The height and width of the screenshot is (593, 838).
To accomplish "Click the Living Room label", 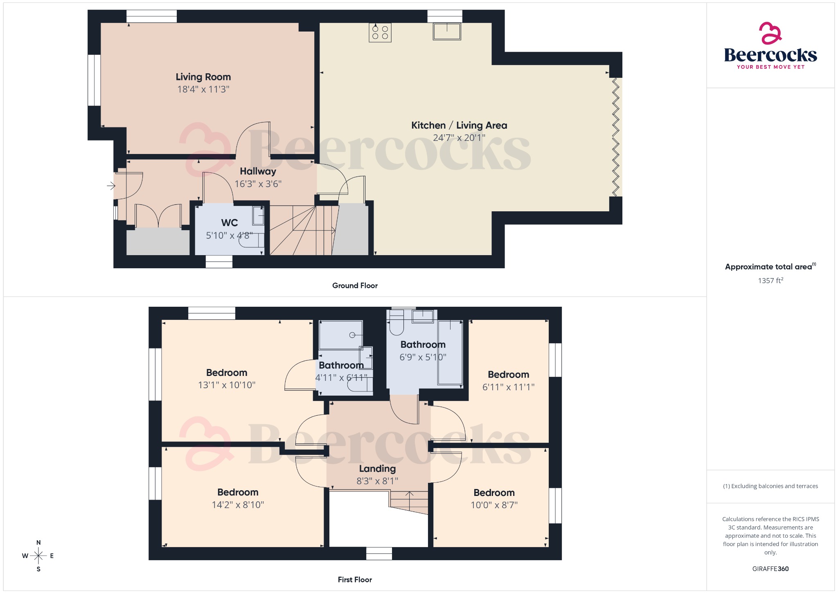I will click(203, 77).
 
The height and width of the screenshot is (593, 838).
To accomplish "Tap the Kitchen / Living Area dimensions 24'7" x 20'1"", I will click(459, 138).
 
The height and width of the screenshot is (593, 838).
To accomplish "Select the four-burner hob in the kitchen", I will click(380, 32).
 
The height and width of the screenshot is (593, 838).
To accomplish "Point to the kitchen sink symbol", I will click(447, 31).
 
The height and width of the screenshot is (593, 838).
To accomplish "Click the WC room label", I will click(229, 223).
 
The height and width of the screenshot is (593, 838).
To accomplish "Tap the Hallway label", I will click(258, 171).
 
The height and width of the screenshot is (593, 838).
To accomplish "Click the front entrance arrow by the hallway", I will click(111, 186).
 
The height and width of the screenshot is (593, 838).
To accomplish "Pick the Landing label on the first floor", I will click(377, 469).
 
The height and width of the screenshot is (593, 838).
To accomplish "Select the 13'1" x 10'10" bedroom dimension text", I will click(227, 385).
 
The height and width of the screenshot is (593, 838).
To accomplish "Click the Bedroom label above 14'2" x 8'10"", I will click(238, 492).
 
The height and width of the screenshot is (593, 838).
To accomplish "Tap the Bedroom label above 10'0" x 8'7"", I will click(494, 493).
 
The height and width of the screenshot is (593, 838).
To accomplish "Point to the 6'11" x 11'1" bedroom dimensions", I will click(508, 387).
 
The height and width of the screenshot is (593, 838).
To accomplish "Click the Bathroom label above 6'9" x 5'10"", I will click(423, 344).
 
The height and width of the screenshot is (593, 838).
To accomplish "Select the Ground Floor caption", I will click(355, 285).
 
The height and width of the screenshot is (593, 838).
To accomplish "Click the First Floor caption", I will click(355, 579).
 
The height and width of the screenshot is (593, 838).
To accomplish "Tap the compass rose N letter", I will click(38, 543).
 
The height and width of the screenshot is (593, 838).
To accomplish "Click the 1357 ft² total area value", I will click(770, 281).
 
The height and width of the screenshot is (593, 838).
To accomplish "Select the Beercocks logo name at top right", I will click(770, 55).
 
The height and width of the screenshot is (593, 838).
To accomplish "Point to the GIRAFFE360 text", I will click(770, 568).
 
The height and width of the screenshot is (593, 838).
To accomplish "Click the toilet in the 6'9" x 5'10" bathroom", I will click(396, 324).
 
